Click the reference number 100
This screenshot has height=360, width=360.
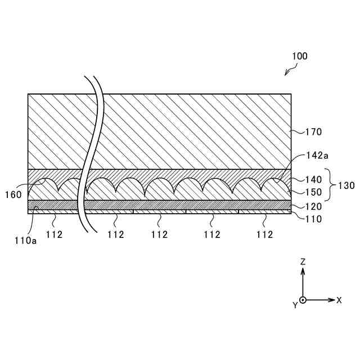tap(300, 56)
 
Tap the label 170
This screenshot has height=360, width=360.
tap(314, 132)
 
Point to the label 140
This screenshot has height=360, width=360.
tap(314, 180)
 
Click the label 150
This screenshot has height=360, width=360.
tap(314, 192)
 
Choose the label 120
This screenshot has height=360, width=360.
tap(314, 206)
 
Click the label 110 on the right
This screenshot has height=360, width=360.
tap(314, 219)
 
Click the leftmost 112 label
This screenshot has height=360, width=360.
tap(55, 235)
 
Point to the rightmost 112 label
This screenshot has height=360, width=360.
tap(264, 235)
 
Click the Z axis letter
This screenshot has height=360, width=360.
tap(303, 262)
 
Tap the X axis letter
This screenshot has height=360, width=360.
tap(339, 300)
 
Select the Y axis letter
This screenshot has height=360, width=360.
tap(294, 305)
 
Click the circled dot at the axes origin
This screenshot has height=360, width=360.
tap(303, 300)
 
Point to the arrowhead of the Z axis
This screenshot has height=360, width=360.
tap(303, 270)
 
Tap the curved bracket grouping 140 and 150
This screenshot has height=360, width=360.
tap(331, 186)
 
